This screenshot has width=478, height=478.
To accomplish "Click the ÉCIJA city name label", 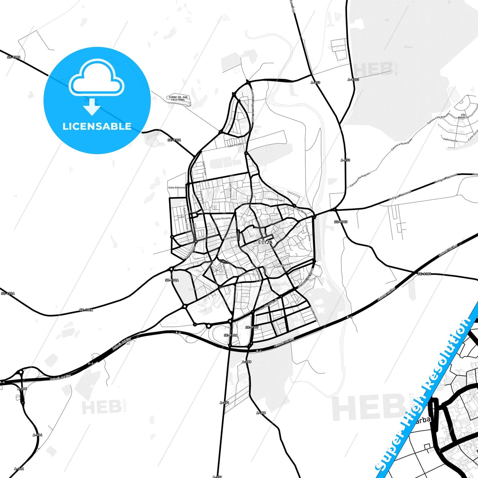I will [265, 242].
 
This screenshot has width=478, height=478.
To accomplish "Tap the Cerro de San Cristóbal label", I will [178, 99].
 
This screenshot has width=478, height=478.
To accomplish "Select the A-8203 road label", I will [353, 80].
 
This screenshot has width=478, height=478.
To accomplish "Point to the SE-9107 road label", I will [252, 327].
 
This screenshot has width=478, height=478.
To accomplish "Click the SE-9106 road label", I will [231, 335].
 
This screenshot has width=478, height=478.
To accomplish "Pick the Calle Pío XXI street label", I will [235, 145].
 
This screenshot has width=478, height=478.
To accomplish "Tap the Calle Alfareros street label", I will [177, 188].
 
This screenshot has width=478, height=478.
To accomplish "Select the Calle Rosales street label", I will [223, 219].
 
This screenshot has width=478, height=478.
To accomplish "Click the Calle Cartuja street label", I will [275, 199].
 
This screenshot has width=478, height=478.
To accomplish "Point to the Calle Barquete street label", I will [284, 265].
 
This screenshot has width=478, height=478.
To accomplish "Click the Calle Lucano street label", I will [450, 140].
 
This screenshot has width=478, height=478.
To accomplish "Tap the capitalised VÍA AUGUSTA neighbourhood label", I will [463, 116].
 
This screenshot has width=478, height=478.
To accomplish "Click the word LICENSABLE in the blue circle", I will [97, 126].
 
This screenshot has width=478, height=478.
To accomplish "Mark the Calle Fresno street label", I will [205, 168].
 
